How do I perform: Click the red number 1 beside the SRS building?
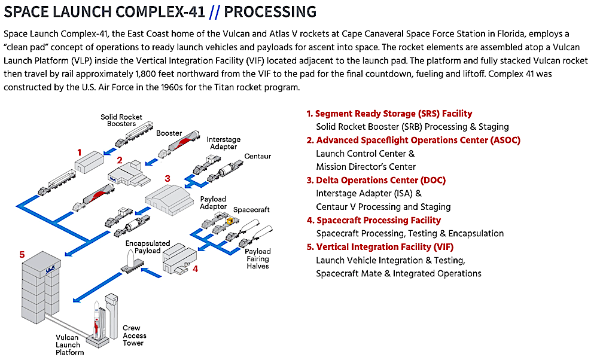pos(79,152)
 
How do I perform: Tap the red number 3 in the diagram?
pos(167,178)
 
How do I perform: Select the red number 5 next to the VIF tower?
pos(22,255)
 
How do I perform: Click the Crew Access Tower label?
pos(134,335)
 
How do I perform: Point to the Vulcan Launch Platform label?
pos(69,344)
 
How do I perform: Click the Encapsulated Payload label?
pos(148,247)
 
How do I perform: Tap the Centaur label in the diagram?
pos(258,156)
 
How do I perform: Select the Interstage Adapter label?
pos(224,143)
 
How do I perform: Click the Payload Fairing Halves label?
pos(258,258)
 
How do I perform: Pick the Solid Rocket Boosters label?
pos(121,120)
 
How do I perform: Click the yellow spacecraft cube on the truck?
pos(230,221)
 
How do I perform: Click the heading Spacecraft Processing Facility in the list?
pos(379,221)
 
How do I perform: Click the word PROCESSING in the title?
pos(270,12)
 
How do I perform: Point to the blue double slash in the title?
pos(215,13)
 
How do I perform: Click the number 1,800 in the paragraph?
pos(146,74)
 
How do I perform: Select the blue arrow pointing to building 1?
pos(110,151)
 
